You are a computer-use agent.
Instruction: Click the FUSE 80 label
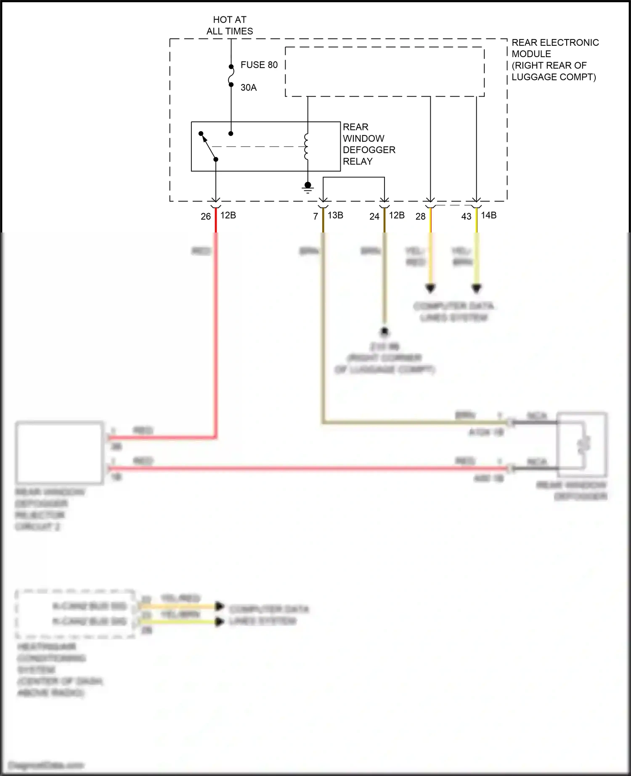(259, 65)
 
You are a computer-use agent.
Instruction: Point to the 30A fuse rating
(248, 87)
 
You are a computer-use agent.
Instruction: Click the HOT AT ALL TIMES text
(230, 25)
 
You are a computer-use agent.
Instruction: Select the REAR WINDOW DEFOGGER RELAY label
(369, 144)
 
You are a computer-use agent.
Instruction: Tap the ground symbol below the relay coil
(308, 187)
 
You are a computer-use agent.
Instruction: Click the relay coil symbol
(307, 147)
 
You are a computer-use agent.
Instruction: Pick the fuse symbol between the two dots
(231, 76)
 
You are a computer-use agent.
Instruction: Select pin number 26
(205, 216)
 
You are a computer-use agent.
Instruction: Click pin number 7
(315, 216)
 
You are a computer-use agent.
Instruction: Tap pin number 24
(374, 216)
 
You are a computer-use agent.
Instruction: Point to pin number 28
(420, 216)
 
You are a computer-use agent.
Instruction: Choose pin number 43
(466, 216)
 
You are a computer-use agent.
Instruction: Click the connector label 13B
(335, 215)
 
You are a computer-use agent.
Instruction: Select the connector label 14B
(489, 215)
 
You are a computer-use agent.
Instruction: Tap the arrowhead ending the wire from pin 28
(430, 289)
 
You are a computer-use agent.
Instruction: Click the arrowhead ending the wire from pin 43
(476, 289)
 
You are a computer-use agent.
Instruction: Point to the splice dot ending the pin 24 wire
(384, 332)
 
